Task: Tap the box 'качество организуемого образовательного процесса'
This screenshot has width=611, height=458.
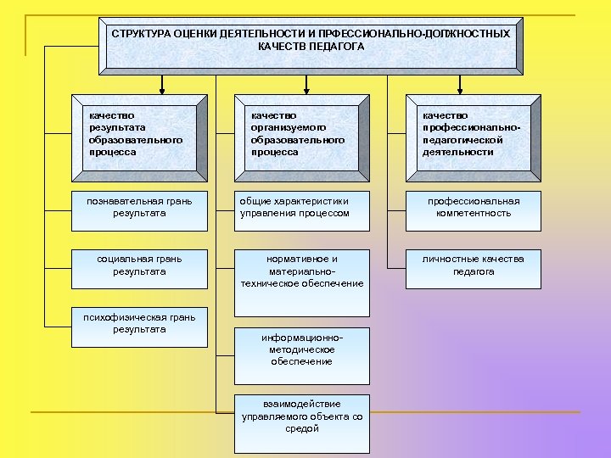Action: [x=303, y=136]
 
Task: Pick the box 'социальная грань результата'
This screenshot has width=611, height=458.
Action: [x=140, y=267]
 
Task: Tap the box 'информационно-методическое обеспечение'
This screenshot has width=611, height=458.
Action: [x=303, y=350]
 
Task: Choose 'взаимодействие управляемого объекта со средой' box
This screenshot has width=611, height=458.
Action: [x=303, y=418]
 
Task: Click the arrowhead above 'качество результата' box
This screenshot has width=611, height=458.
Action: [x=161, y=87]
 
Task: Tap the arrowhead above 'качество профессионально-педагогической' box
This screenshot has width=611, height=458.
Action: [x=460, y=87]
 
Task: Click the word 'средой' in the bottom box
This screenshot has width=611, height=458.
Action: [x=303, y=429]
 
